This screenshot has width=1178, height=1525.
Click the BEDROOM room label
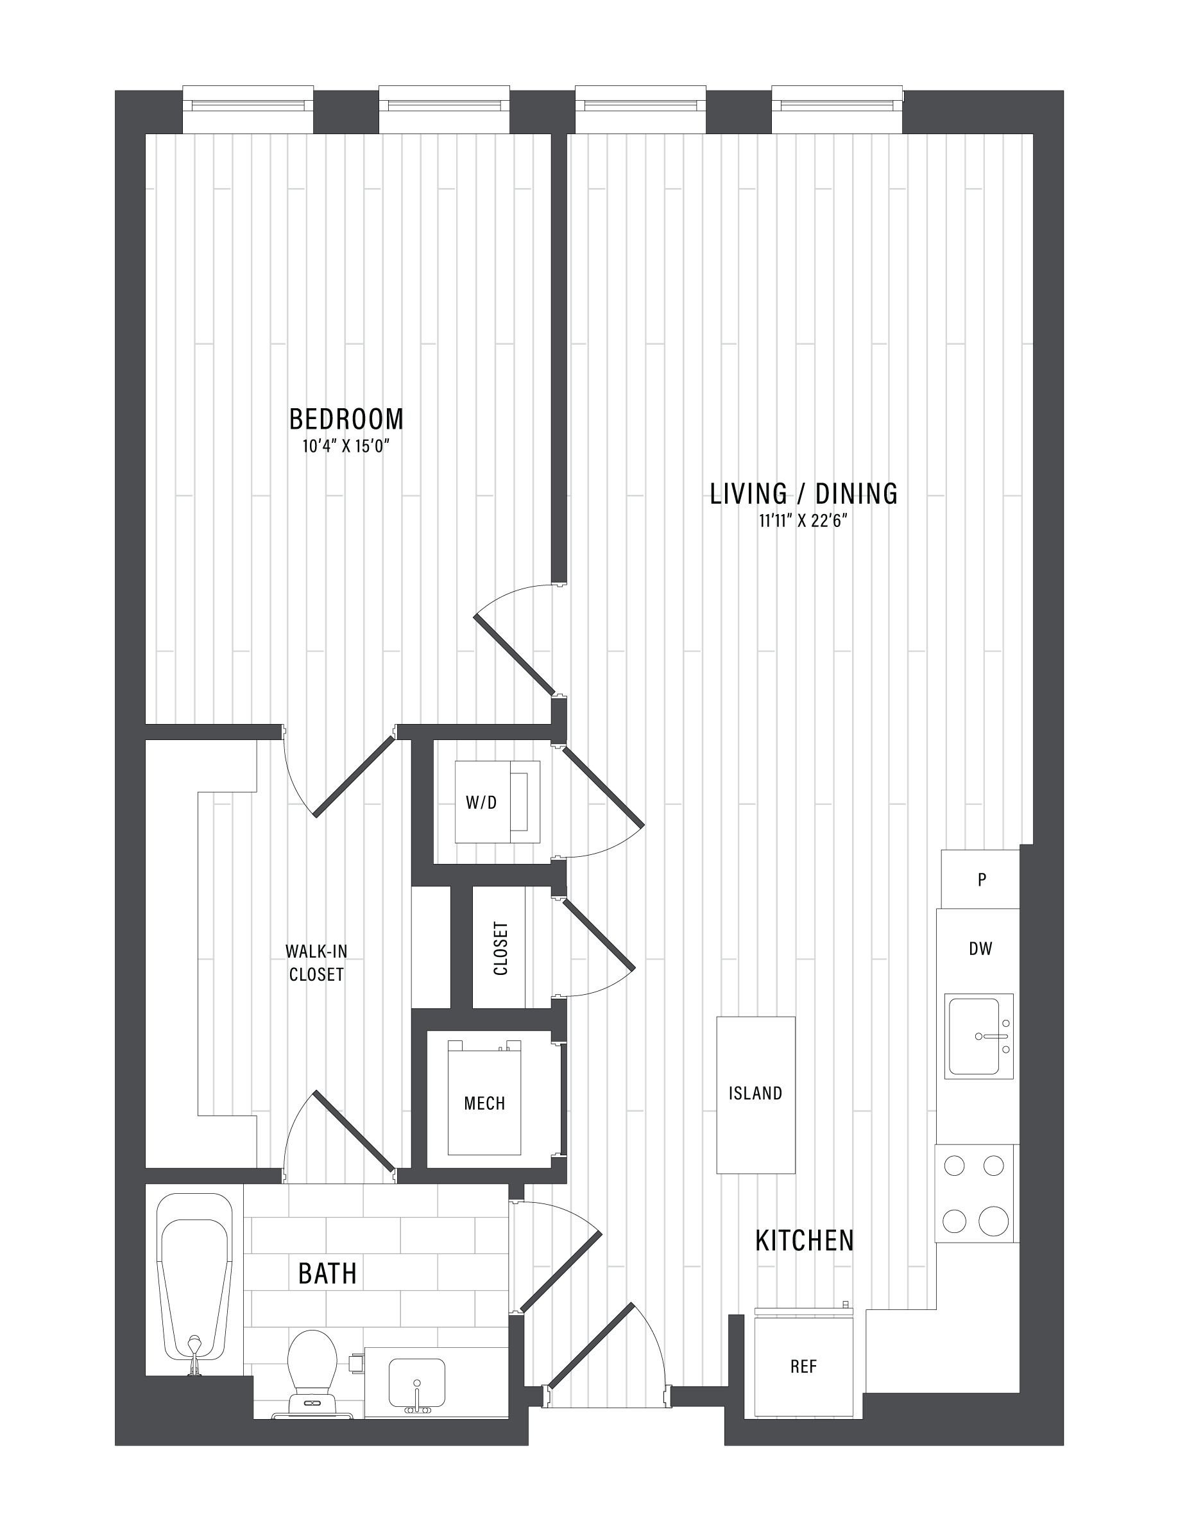(346, 419)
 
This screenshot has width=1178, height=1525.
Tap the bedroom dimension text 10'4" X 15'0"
(345, 446)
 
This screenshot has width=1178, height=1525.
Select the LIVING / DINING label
(804, 494)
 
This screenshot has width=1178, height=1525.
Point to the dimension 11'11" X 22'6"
(803, 522)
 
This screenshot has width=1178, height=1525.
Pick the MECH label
(484, 1103)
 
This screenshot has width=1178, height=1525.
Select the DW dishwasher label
(980, 948)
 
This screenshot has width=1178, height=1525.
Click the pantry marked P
(980, 879)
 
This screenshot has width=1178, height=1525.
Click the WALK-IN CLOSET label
(316, 962)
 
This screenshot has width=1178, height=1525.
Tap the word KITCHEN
(805, 1240)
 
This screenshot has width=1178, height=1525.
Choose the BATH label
(327, 1273)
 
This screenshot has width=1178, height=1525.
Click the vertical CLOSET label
(500, 948)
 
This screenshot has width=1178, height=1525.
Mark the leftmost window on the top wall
(248, 109)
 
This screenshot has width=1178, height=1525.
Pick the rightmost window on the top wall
(837, 109)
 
